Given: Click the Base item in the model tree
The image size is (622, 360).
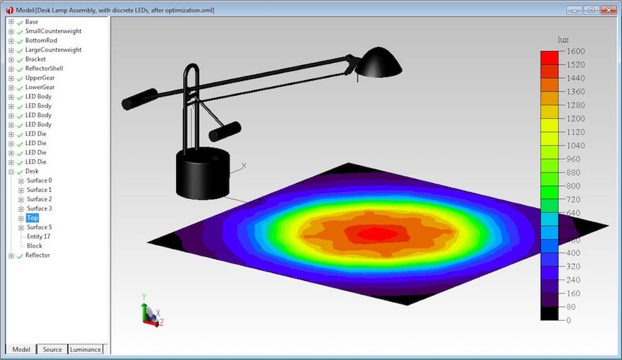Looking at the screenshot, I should pyautogui.click(x=32, y=21).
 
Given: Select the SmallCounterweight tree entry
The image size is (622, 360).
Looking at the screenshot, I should pyautogui.click(x=53, y=31).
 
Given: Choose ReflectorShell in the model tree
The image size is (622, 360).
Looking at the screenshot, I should pyautogui.click(x=44, y=68).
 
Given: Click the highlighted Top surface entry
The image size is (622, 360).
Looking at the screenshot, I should pyautogui.click(x=32, y=218).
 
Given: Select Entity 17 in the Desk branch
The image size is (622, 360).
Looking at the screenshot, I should pyautogui.click(x=38, y=236).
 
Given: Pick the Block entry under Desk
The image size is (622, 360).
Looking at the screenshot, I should pyautogui.click(x=35, y=245).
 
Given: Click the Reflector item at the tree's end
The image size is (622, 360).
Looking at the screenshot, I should pyautogui.click(x=37, y=255).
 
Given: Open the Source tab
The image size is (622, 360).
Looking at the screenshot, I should pyautogui.click(x=53, y=349).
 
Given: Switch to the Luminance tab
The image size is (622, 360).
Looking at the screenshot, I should pyautogui.click(x=85, y=349).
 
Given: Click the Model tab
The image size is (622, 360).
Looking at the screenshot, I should pyautogui.click(x=21, y=349).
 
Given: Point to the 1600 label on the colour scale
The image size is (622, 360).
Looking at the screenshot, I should pyautogui.click(x=575, y=51).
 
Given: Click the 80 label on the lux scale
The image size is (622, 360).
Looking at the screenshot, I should pyautogui.click(x=572, y=307).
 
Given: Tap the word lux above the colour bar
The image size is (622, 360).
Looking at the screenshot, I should pyautogui.click(x=563, y=39).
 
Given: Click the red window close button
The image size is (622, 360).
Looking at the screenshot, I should pyautogui.click(x=608, y=10).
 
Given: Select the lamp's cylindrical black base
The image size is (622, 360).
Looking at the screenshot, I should pyautogui.click(x=202, y=173).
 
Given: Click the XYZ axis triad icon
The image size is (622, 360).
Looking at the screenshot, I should pyautogui.click(x=151, y=314).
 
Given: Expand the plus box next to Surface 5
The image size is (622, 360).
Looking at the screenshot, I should pyautogui.click(x=21, y=227).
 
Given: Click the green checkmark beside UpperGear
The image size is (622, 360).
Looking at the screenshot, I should pyautogui.click(x=19, y=78).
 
